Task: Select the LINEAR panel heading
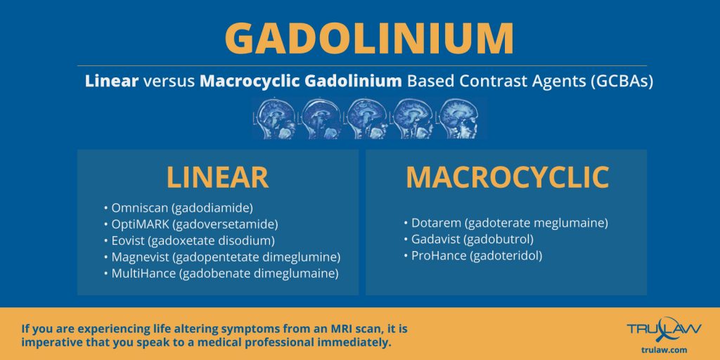tap(217, 177)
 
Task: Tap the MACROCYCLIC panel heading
tap(507, 177)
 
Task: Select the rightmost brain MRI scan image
tap(458, 117)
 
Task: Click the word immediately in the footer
tap(352, 343)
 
